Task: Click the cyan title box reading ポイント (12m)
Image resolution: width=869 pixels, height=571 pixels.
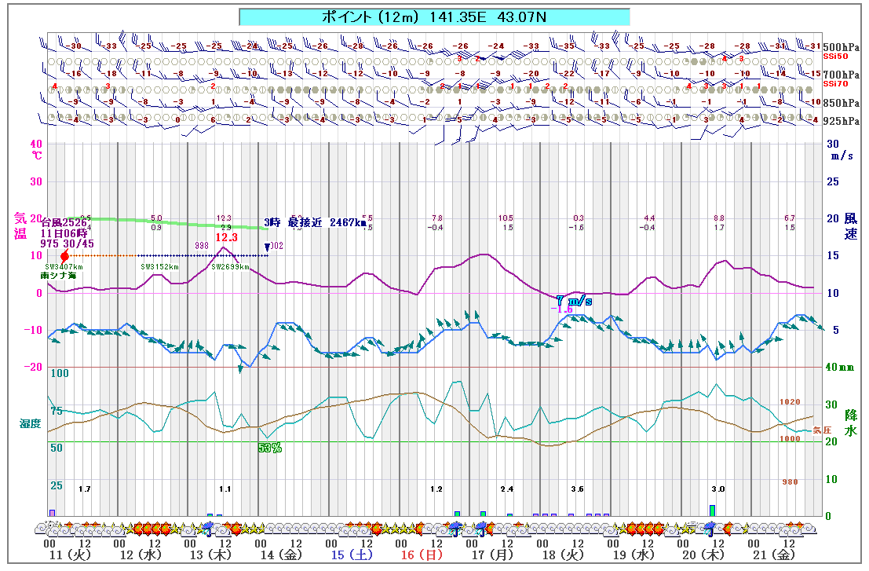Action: coord(434,16)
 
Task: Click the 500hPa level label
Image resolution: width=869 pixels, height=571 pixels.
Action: coord(842,47)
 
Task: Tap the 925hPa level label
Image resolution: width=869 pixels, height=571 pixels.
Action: coord(842,121)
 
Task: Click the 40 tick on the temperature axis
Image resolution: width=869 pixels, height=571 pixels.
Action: coord(36,145)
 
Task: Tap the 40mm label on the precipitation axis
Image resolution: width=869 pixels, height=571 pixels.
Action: coord(841,367)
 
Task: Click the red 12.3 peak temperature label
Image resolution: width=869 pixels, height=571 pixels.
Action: coord(226,236)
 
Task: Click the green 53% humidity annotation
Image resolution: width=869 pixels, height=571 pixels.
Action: coord(270,448)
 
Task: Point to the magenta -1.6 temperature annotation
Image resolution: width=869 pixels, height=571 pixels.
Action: coord(561,309)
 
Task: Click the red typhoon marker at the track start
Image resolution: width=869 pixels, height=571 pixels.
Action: coord(64,256)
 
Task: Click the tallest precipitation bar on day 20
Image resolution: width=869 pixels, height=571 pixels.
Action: coord(713,511)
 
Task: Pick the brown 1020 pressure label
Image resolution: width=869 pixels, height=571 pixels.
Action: coord(790,401)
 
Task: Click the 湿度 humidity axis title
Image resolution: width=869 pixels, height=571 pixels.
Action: coord(30,423)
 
